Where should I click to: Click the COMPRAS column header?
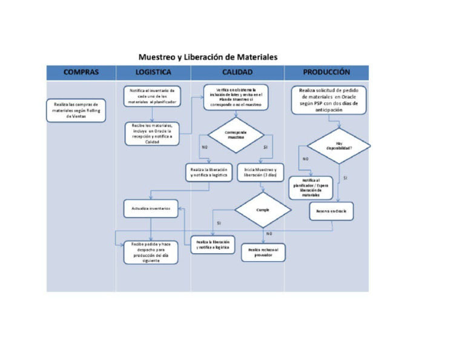pos(81,72)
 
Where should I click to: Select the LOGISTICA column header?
pos(153,72)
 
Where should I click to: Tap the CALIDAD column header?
pos(237,72)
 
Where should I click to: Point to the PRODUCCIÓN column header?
pos(326,72)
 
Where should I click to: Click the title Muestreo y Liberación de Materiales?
pos(208,57)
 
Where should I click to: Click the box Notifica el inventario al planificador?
pos(152,96)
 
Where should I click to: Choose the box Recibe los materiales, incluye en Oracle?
pos(152,133)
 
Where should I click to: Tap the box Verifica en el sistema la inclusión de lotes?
pos(237,96)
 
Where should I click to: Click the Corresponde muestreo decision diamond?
pos(236,135)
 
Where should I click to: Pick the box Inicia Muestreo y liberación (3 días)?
pos(260,172)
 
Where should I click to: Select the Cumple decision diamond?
pos(263,210)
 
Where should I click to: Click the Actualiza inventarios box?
pos(151,208)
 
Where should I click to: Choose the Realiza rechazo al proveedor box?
pos(263,252)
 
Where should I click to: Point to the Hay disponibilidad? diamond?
pos(338,146)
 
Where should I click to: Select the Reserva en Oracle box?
pos(331,210)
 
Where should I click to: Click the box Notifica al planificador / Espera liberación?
pos(311,187)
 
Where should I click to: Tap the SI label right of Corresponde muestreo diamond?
pos(265,147)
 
